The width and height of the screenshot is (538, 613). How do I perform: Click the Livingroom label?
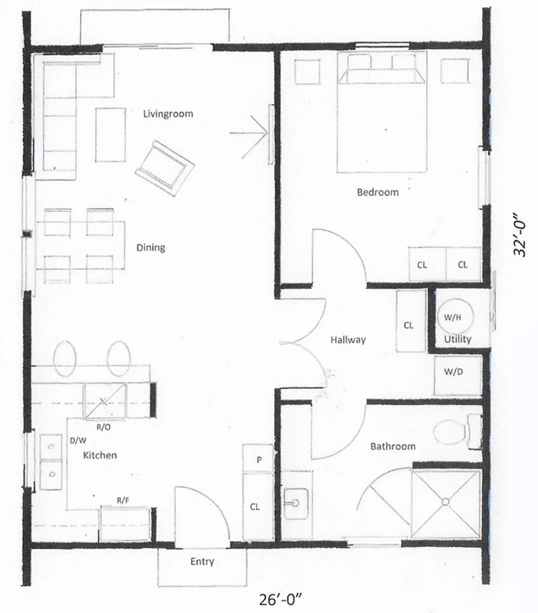tap(168, 114)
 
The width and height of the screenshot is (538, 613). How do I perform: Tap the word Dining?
tap(151, 247)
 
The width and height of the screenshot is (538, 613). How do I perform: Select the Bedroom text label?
tap(378, 192)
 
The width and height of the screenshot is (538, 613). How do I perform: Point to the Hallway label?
tap(348, 340)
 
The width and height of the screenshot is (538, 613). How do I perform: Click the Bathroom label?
tap(393, 446)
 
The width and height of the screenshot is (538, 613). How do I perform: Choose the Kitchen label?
tap(100, 455)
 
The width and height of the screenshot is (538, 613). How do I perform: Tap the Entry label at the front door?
tap(202, 561)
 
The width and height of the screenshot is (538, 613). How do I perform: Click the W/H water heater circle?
tap(453, 316)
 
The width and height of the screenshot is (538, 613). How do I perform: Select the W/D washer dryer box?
tap(453, 371)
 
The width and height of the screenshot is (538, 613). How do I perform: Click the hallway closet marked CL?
tap(409, 325)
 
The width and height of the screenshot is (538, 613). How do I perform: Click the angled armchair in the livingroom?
tap(163, 165)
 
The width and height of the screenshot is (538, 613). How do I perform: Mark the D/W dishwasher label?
tap(78, 440)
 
